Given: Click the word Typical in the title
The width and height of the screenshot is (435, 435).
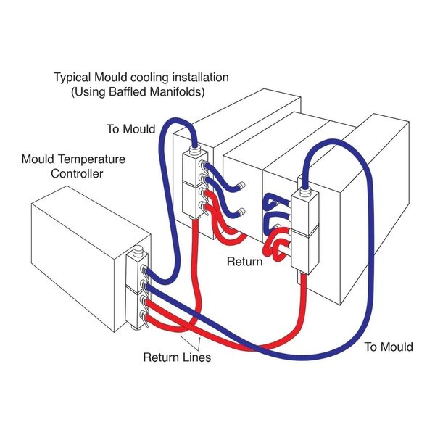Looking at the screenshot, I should [73, 77].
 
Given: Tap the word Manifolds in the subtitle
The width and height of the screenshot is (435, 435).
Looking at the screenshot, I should [182, 92].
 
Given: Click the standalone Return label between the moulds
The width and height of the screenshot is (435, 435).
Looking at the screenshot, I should [244, 262].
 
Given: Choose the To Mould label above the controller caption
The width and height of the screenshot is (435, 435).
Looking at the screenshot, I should [130, 129].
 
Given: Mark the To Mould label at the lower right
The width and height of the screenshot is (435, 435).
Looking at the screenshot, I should [388, 347].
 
